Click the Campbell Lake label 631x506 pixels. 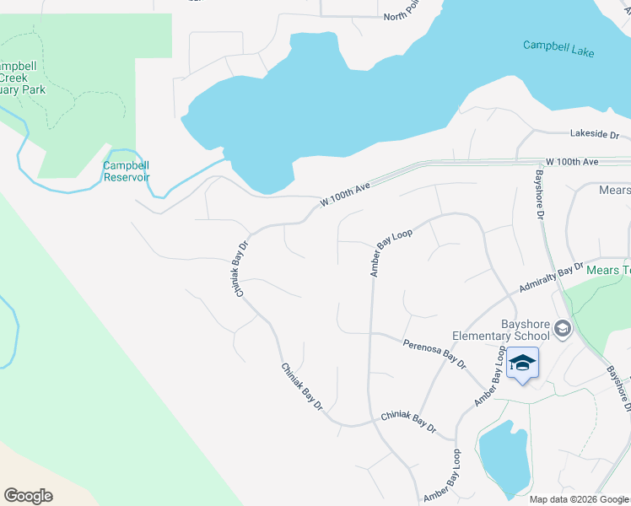[x=558, y=48]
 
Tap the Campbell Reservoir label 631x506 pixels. [x=127, y=171]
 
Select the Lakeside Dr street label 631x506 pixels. [x=594, y=134]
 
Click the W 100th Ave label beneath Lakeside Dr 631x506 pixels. [x=571, y=161]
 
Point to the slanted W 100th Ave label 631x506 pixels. [x=346, y=196]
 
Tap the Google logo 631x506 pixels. [x=29, y=496]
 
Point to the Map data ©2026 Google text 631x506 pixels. [x=579, y=499]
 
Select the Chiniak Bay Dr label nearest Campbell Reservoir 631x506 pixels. [x=241, y=269]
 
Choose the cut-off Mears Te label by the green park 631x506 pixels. [x=609, y=270]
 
